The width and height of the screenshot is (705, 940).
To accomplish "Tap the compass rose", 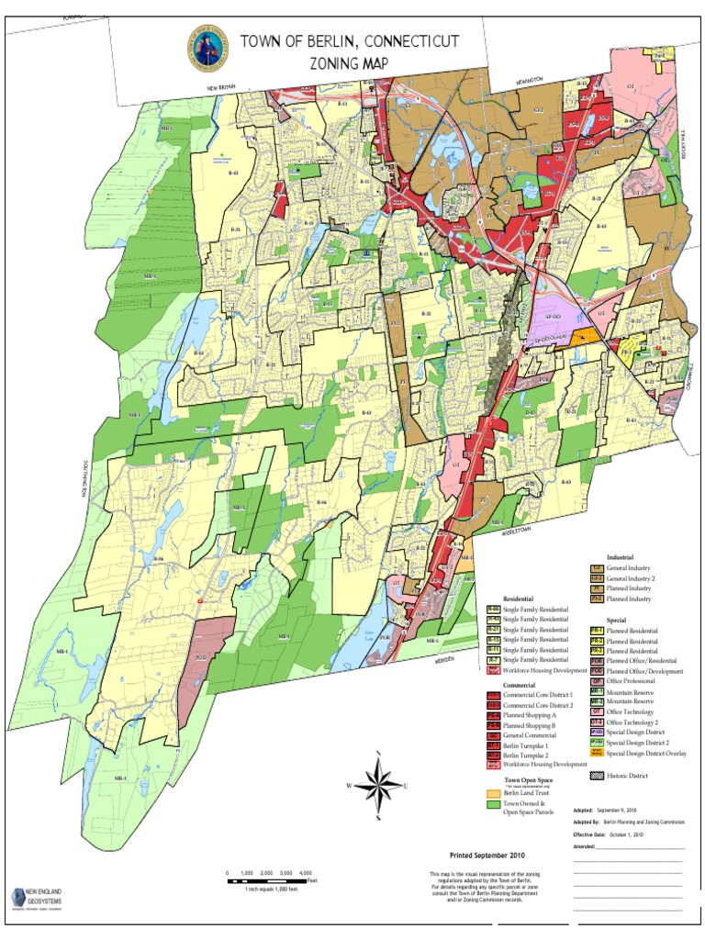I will click(x=378, y=785).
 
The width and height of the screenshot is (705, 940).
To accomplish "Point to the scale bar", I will click(x=270, y=881).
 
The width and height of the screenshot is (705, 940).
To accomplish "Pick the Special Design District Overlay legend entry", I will click(x=633, y=753).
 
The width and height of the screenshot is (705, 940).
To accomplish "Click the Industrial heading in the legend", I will click(x=620, y=557).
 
